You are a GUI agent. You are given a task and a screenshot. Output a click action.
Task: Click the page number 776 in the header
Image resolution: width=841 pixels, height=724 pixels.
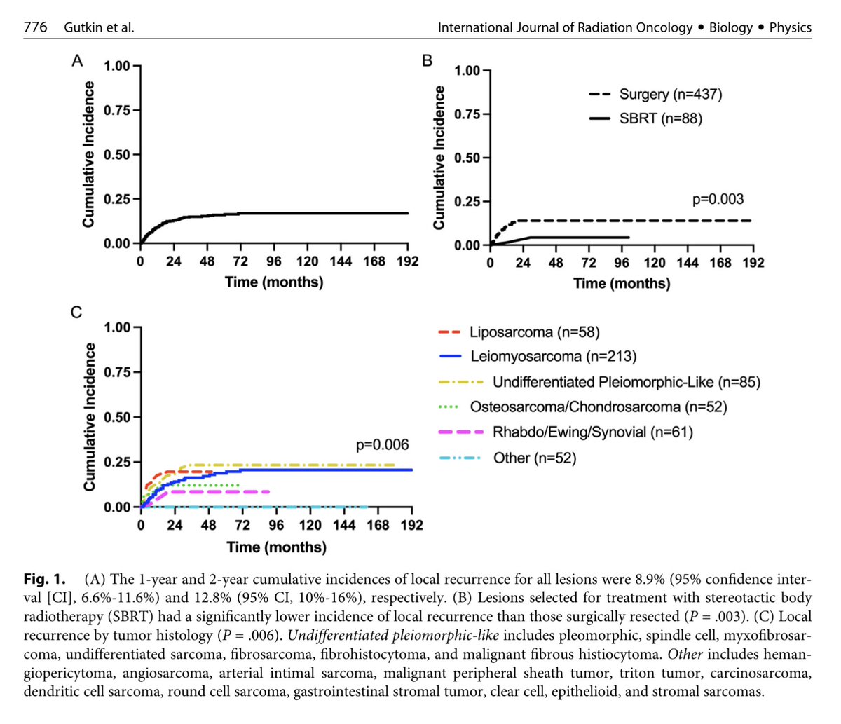point(35,27)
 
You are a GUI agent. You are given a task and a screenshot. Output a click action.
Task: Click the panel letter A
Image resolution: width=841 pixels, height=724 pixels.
point(78,61)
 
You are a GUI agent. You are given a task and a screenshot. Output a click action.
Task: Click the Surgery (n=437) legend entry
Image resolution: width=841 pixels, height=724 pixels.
point(670,95)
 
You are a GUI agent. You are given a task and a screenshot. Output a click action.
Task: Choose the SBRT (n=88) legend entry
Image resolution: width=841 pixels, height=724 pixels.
point(660,118)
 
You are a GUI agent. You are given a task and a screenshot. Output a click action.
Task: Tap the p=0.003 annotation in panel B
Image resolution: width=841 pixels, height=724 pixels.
point(718,200)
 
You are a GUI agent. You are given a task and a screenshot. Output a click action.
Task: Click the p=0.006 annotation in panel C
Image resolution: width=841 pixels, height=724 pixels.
point(382,445)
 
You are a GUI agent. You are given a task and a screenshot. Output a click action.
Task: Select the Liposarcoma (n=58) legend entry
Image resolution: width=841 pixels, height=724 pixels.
point(535,332)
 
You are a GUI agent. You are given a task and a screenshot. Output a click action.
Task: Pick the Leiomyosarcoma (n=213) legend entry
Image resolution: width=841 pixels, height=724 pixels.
point(553,356)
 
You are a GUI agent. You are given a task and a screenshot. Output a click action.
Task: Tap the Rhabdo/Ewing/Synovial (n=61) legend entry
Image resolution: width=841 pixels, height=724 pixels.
point(581,432)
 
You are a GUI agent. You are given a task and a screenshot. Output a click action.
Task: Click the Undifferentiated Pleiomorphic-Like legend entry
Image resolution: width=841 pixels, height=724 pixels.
point(626,382)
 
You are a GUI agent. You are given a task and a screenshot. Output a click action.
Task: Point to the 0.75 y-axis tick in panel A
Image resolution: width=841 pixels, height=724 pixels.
point(117,110)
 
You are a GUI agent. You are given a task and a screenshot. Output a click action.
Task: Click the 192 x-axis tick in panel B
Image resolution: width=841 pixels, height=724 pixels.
point(753,263)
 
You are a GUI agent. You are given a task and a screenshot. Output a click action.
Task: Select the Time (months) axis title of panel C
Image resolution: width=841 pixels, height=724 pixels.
point(276,547)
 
